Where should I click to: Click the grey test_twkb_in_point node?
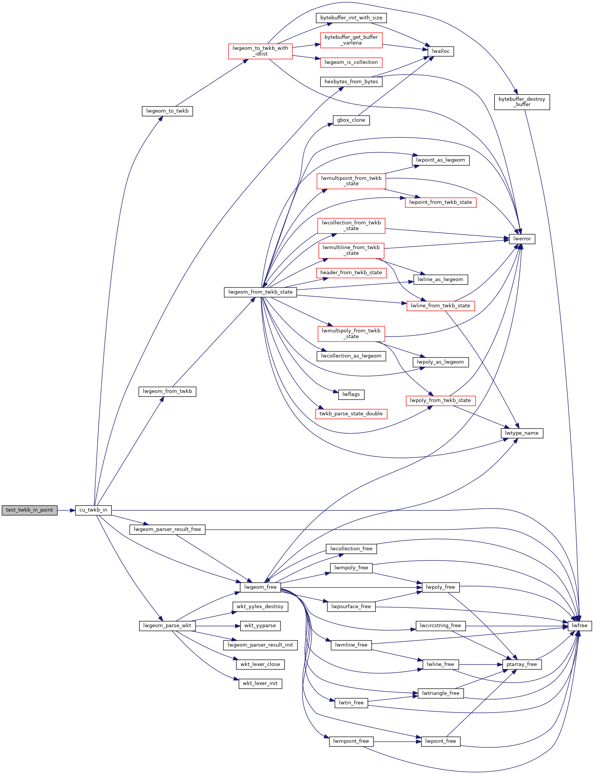tap(30, 510)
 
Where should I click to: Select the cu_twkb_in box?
tap(93, 510)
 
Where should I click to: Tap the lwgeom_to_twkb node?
tap(167, 111)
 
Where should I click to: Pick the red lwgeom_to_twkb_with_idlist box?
tap(260, 51)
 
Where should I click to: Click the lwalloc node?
tap(441, 51)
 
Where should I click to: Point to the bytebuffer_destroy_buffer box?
tap(522, 102)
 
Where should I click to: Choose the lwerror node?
tap(522, 239)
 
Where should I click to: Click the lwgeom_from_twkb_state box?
tap(260, 292)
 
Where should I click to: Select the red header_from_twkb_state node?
tap(351, 273)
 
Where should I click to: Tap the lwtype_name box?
tap(522, 433)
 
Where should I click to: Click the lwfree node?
tap(580, 626)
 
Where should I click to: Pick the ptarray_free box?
tap(522, 664)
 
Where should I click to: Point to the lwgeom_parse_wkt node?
tap(167, 626)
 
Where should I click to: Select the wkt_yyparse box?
tap(260, 626)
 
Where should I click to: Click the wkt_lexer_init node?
tap(260, 683)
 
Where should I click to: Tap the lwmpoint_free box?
tap(351, 741)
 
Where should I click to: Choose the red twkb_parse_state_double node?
tap(351, 414)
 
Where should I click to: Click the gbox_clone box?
tap(351, 120)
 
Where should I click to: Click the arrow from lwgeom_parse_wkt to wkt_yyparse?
tap(218, 626)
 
